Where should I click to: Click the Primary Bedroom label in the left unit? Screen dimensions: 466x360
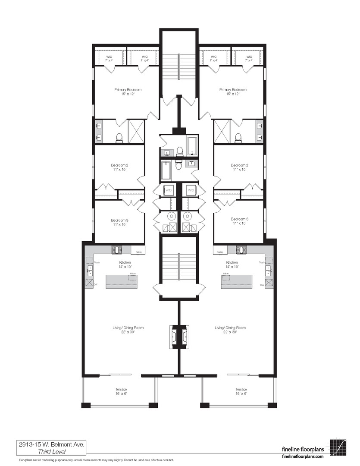point(128,90)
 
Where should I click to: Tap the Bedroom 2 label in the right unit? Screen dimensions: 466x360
point(239,165)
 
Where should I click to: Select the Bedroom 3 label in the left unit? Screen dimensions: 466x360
point(119,219)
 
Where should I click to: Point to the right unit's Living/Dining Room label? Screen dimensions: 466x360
point(230,328)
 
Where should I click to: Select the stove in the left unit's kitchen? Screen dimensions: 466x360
point(117,249)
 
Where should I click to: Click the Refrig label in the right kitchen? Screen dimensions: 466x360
point(219,252)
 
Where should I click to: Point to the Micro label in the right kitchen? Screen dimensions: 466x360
point(226,274)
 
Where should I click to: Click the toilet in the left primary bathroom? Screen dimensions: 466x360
point(119,138)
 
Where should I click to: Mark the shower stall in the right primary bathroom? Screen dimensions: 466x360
point(222,131)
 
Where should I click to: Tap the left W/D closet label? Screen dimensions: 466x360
point(168,190)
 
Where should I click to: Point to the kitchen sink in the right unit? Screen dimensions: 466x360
point(268,271)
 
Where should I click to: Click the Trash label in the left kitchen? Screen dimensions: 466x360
point(97,262)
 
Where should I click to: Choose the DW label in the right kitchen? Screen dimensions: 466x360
point(262,285)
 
